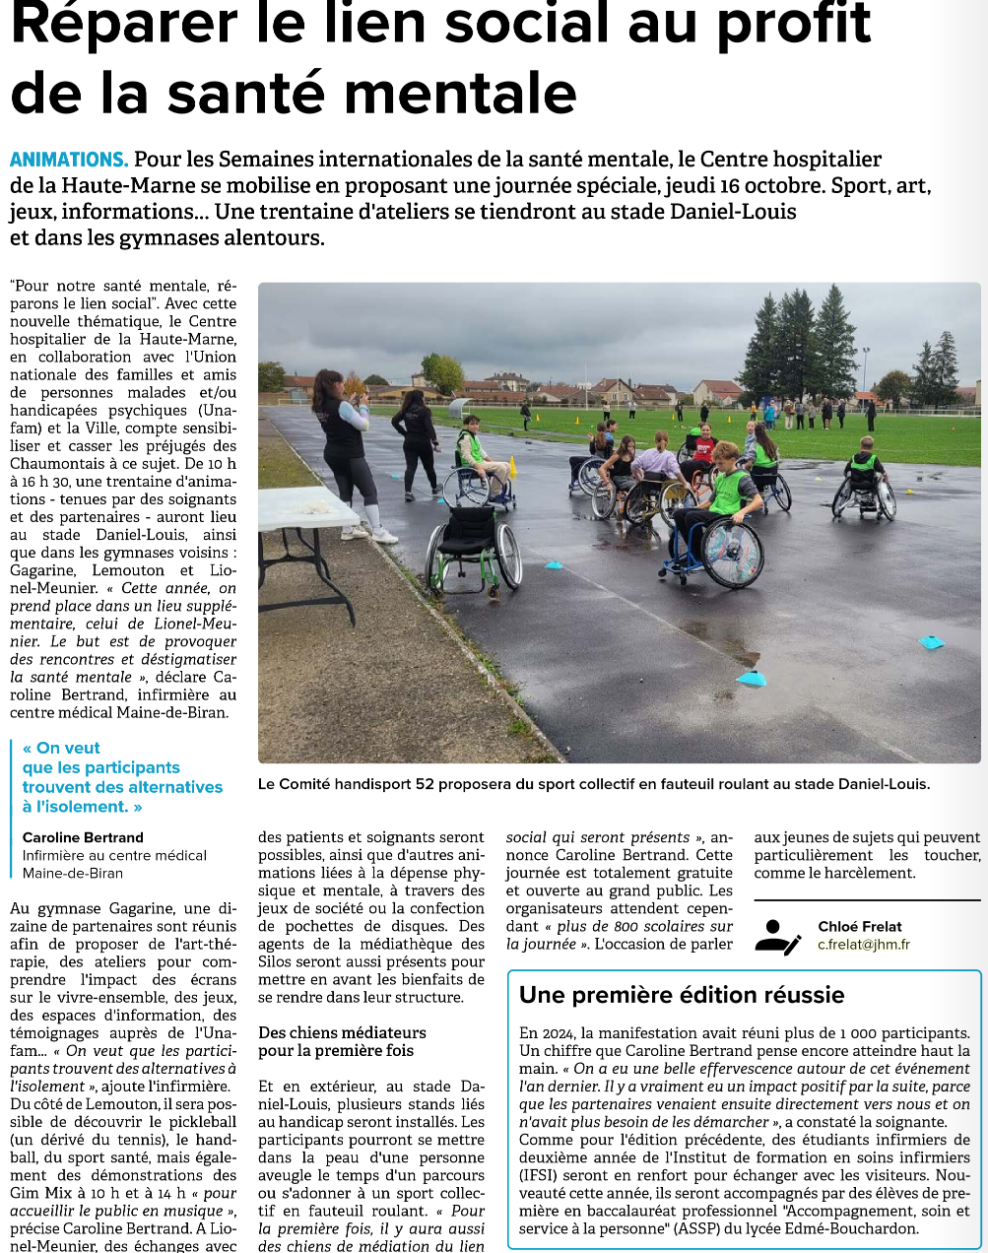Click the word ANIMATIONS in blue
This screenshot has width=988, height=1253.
(x=68, y=160)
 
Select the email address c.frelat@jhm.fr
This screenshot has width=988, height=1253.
(x=863, y=945)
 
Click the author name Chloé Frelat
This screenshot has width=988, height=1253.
(x=859, y=926)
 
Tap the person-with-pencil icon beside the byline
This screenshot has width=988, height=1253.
(x=776, y=936)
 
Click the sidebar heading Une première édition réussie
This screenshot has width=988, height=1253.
(x=681, y=995)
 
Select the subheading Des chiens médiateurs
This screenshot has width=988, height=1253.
(x=342, y=1032)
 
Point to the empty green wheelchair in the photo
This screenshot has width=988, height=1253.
(x=473, y=547)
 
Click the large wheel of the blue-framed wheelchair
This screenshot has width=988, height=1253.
(x=731, y=552)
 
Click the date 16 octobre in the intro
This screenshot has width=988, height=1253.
(x=768, y=185)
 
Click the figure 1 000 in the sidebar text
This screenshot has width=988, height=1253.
(x=858, y=1033)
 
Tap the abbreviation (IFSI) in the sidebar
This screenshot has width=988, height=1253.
(x=544, y=1175)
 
